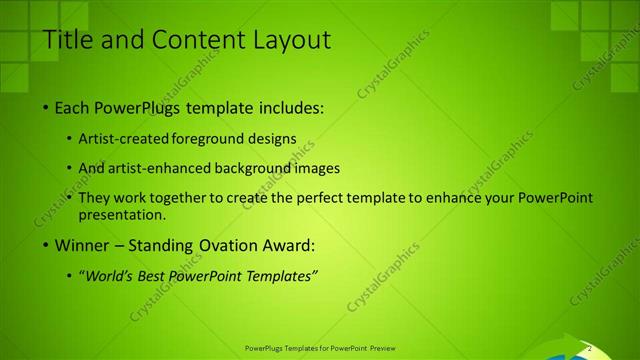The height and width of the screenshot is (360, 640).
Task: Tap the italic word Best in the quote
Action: pyautogui.click(x=154, y=276)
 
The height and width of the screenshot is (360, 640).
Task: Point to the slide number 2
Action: pyautogui.click(x=590, y=347)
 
